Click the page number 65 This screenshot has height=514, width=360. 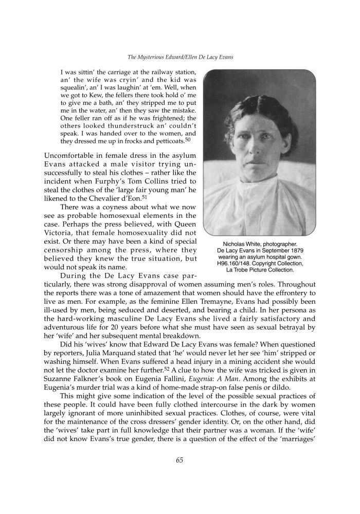click(x=179, y=460)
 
